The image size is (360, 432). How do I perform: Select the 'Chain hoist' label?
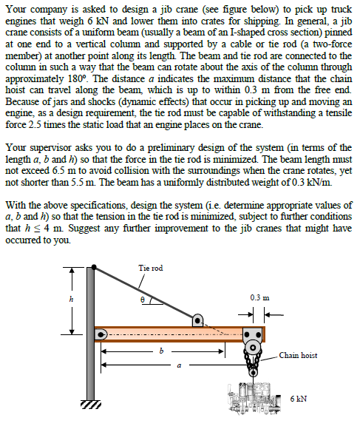coord(299,355)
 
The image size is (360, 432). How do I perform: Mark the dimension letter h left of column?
coord(72,299)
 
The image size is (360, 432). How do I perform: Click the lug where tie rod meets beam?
coord(197,321)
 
